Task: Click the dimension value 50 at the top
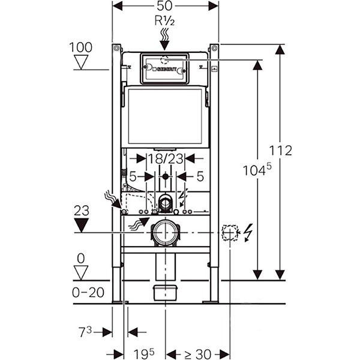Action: point(165,6)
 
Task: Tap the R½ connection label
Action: point(165,21)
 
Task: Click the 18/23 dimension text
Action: point(165,158)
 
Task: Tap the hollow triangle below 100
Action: point(80,62)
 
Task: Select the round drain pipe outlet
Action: point(165,232)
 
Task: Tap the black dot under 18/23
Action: point(165,178)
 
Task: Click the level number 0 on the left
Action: point(80,259)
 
